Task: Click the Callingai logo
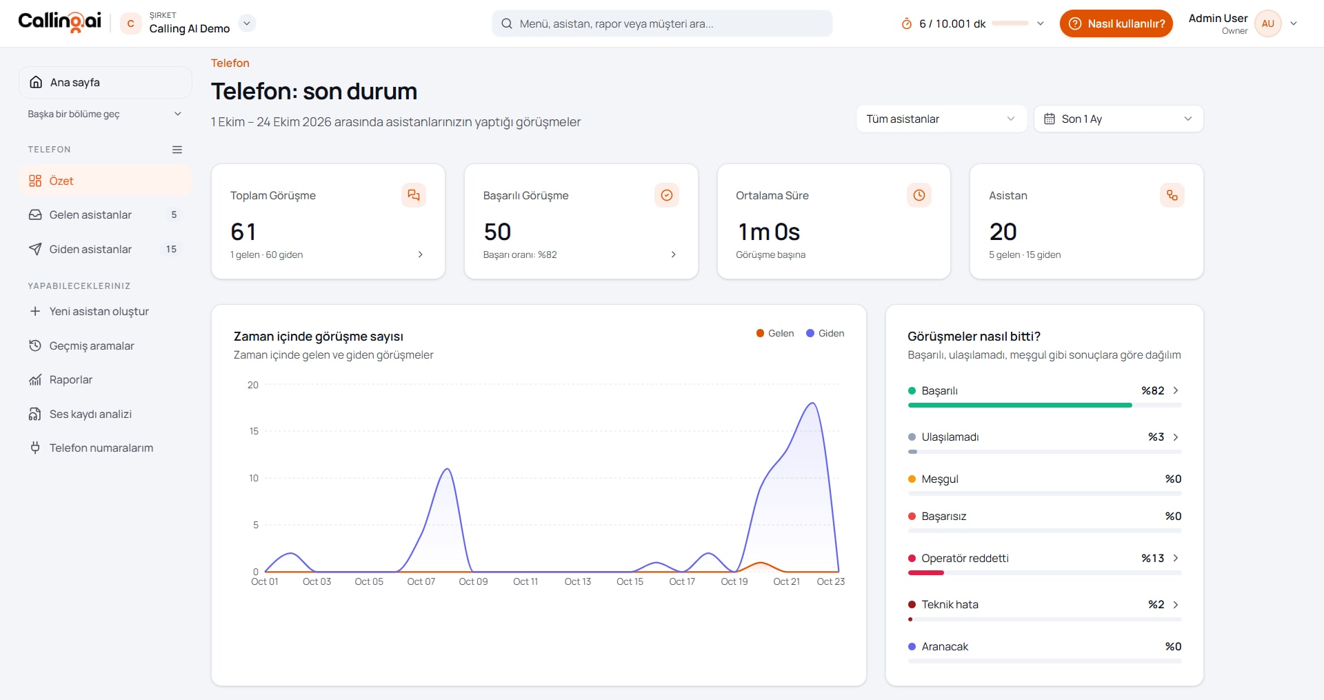[x=59, y=22]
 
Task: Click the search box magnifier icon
[x=507, y=23]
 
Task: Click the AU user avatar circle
[x=1267, y=23]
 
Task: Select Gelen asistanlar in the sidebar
[x=90, y=214]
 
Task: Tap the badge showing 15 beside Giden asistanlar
[x=171, y=249]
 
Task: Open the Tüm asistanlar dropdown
[x=941, y=119]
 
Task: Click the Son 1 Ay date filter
[x=1119, y=119]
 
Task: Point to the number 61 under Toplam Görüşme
[x=243, y=232]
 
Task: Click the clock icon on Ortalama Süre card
[x=919, y=195]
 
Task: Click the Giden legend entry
[x=825, y=333]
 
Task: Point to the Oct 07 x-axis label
[x=421, y=581]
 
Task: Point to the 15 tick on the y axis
[x=254, y=431]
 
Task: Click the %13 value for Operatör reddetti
[x=1152, y=558]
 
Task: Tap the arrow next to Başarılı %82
[x=1176, y=390]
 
